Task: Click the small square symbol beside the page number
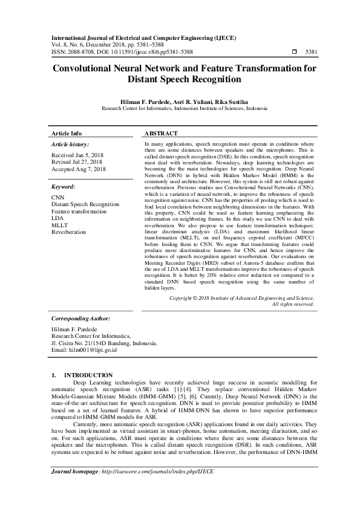click(294, 52)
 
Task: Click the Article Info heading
click(67, 133)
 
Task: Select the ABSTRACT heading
click(162, 133)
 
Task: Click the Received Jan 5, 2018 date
click(77, 155)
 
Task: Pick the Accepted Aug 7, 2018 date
click(78, 169)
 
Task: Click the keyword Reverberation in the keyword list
click(68, 232)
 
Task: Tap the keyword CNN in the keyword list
click(57, 198)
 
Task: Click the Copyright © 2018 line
click(241, 298)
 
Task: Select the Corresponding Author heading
click(80, 317)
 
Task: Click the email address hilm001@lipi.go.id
click(84, 350)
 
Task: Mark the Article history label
click(70, 145)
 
